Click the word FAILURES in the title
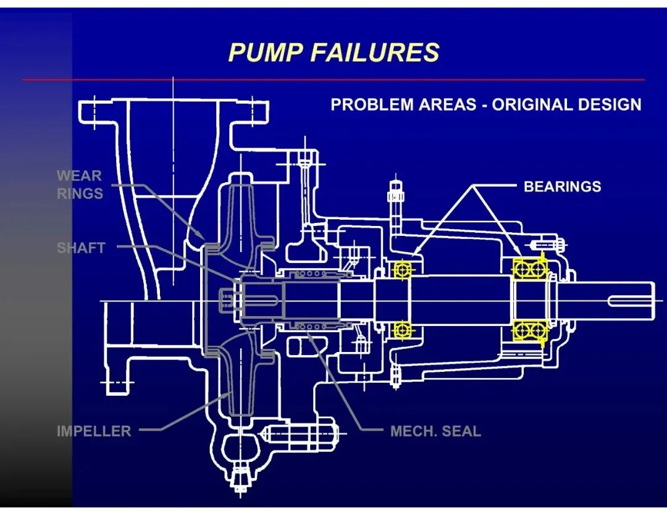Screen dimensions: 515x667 (374, 52)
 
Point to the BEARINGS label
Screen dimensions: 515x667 (562, 186)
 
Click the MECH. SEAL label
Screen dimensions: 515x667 (435, 431)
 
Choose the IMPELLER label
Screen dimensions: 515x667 (94, 431)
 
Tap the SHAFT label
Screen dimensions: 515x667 (81, 248)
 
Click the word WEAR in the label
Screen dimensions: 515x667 (79, 176)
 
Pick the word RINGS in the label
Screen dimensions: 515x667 (80, 194)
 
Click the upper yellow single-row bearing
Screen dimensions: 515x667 (403, 269)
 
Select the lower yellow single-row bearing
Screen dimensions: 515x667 (403, 330)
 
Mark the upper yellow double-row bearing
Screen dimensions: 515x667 (529, 269)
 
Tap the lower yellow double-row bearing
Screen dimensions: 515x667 (529, 330)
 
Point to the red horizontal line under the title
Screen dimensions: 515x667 (333, 80)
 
